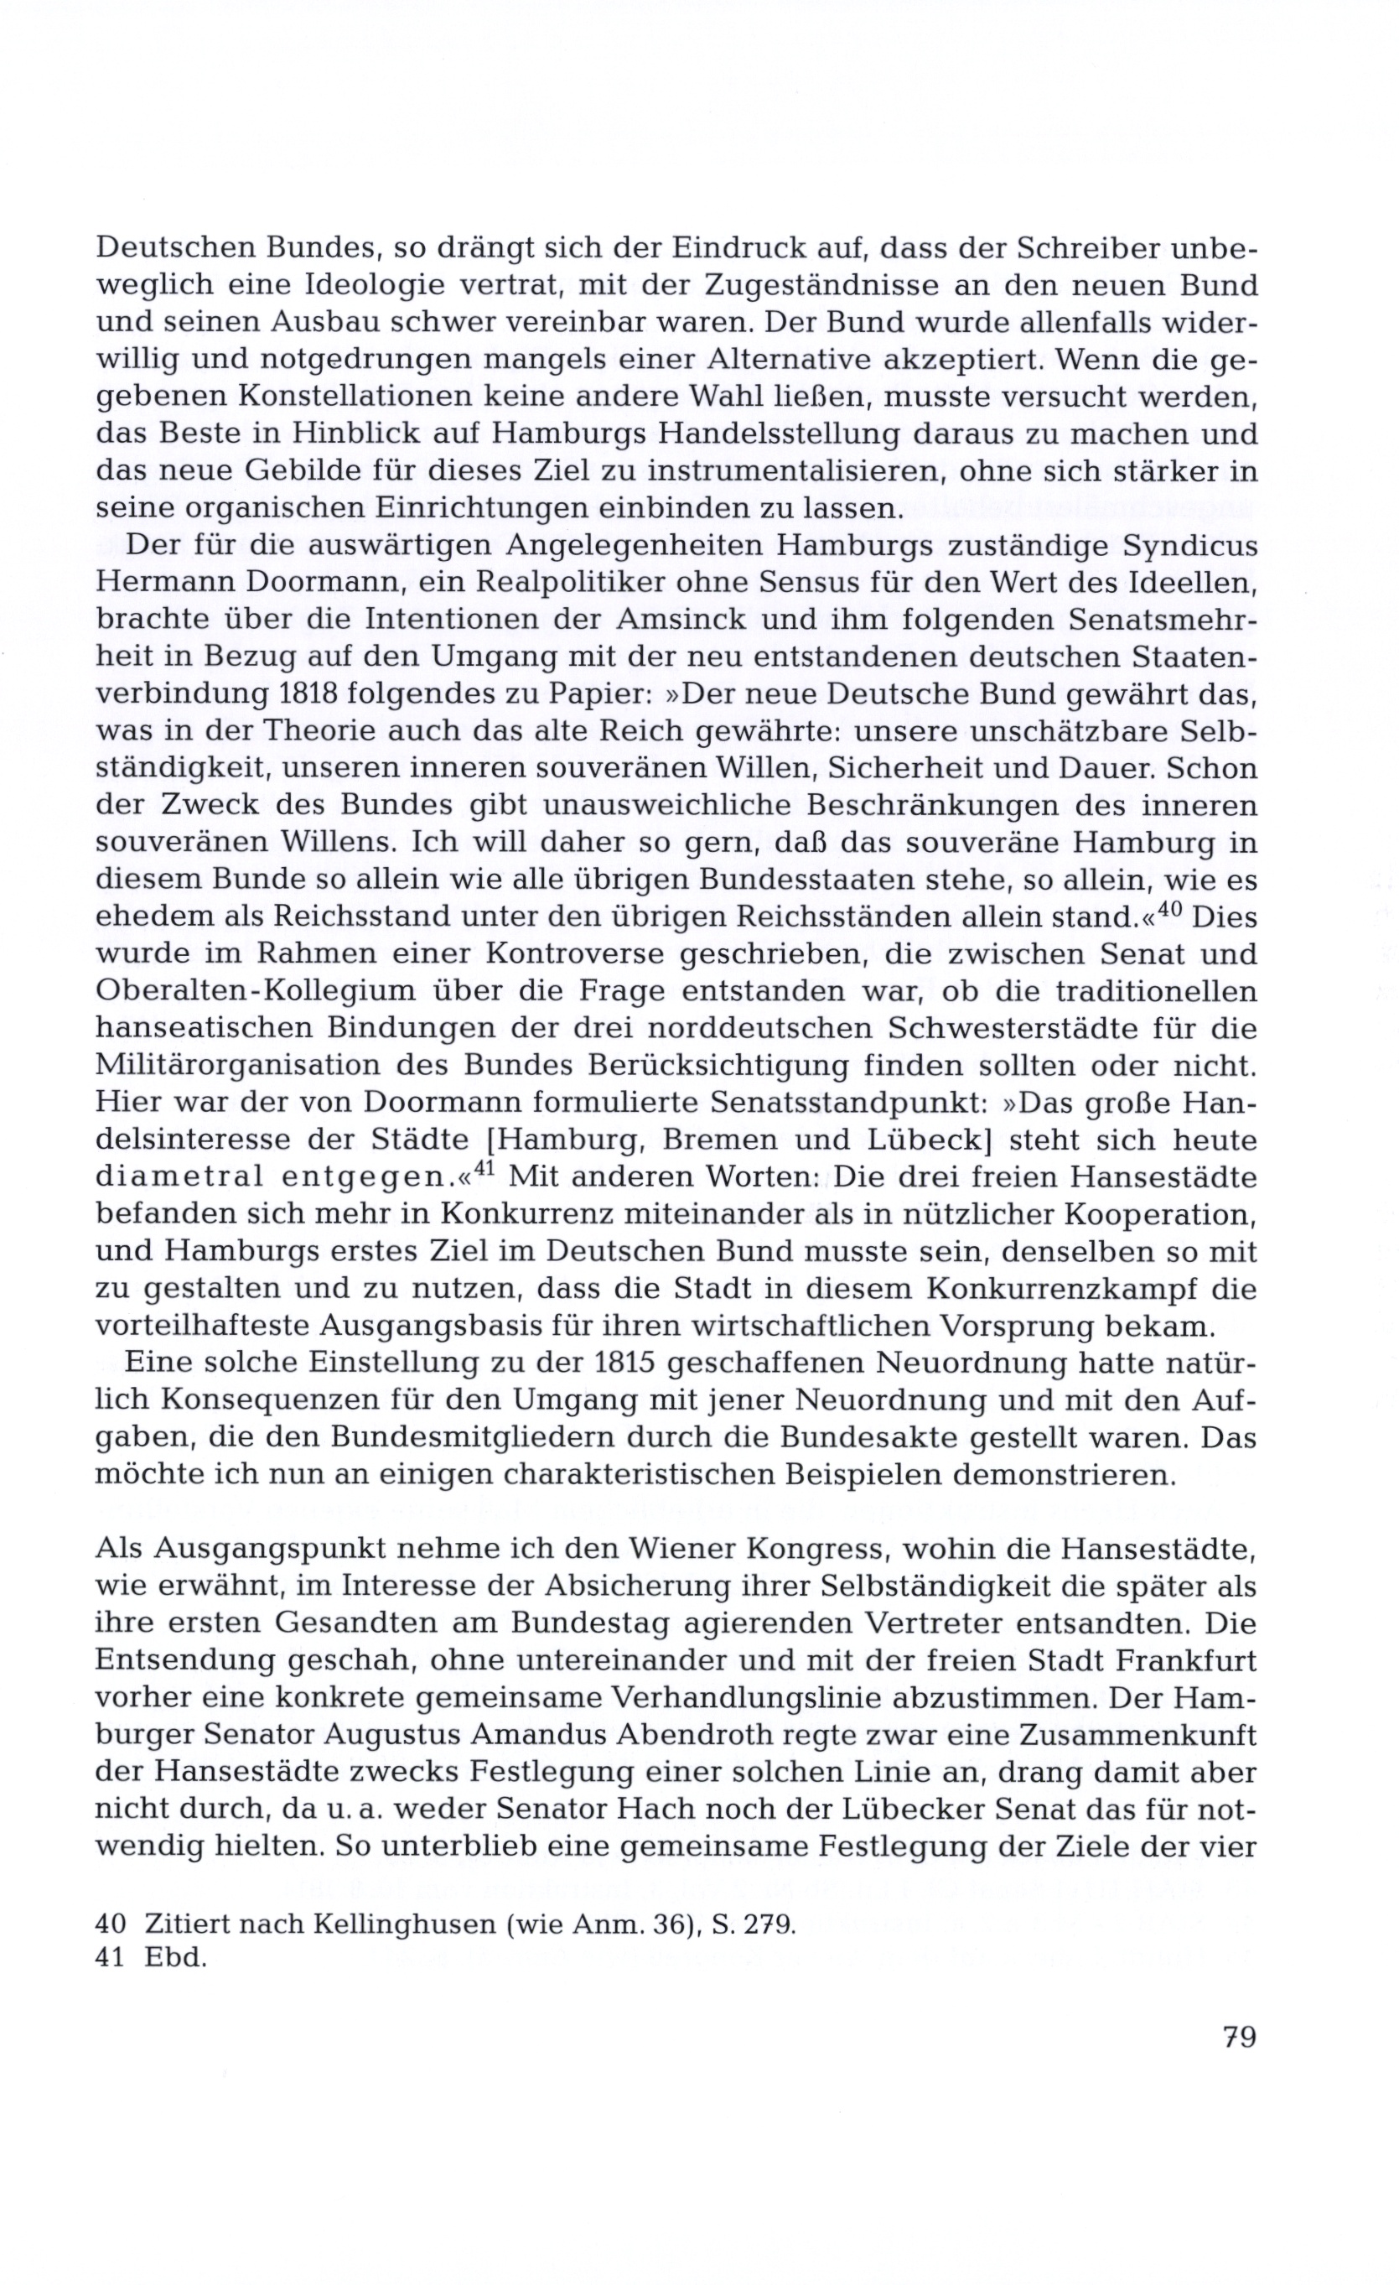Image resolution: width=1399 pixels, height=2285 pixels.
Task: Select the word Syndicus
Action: point(1189,545)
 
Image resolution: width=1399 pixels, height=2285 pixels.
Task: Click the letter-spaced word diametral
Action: point(174,1176)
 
